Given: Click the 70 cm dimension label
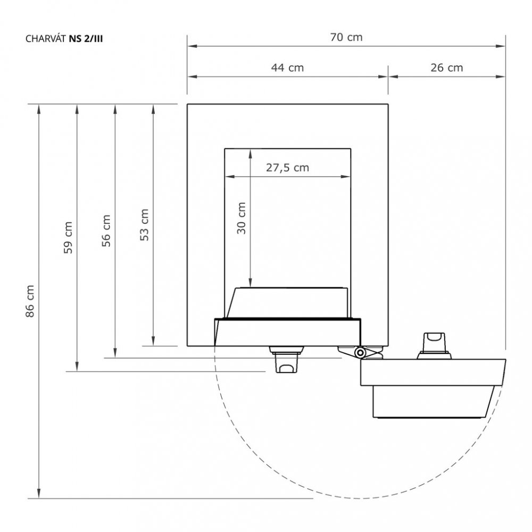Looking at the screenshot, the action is click(346, 37).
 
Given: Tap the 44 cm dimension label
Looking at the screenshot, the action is click(287, 68).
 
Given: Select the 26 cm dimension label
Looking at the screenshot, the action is click(447, 68).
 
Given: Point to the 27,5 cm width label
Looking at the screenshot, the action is click(287, 168).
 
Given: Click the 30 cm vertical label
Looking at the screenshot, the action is click(241, 218).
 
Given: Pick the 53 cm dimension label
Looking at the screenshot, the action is click(145, 225).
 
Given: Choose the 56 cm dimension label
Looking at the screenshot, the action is click(106, 231).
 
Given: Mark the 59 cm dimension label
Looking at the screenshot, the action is click(68, 237).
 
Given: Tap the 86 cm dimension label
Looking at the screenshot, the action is click(30, 301).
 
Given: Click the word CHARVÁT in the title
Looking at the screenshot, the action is click(46, 39).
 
